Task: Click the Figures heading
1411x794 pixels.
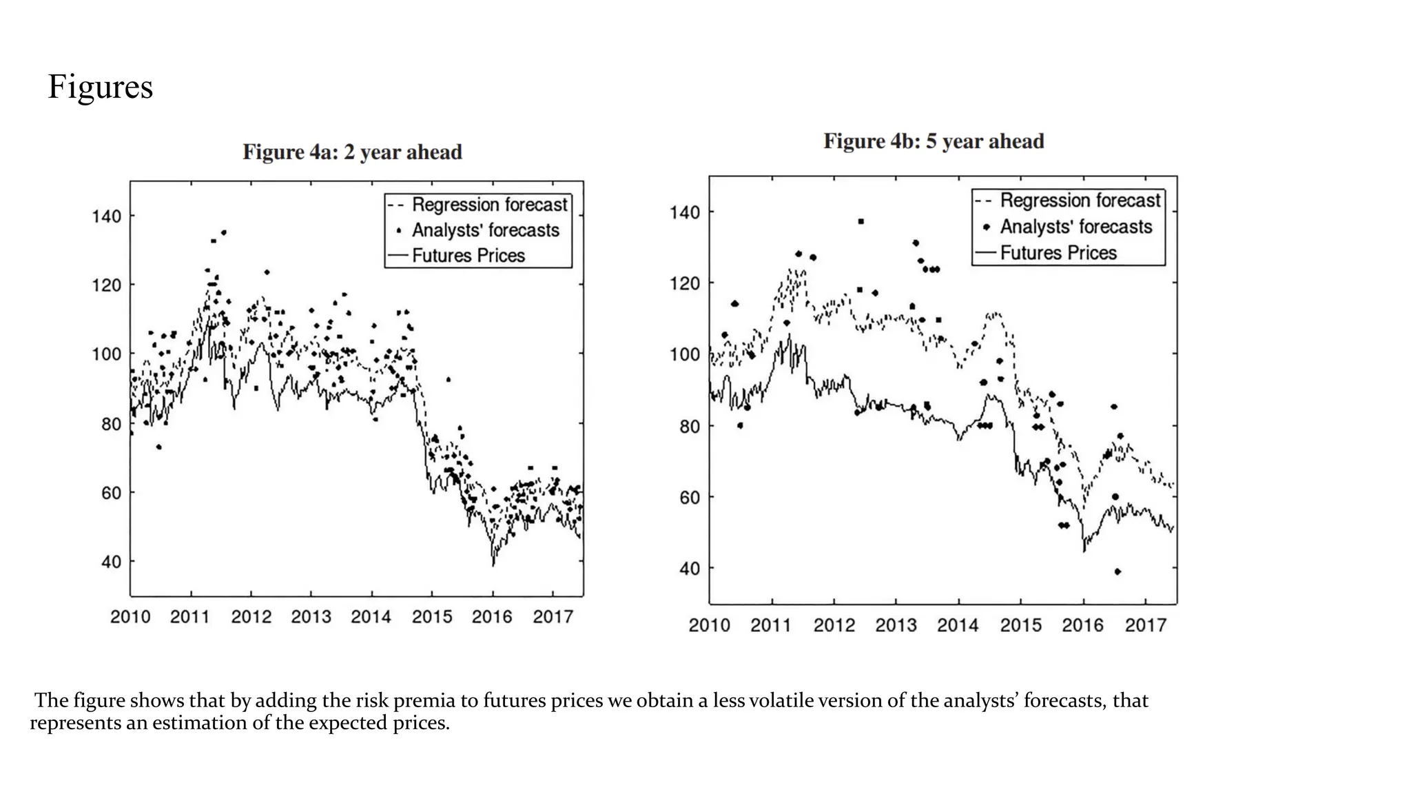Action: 100,88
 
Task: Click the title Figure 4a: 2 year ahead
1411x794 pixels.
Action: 352,152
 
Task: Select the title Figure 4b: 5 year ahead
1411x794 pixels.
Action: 934,141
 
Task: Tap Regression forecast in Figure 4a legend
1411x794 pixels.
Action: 489,205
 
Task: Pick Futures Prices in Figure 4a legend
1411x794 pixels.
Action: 468,256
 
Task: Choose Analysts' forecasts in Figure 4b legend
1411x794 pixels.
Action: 1075,227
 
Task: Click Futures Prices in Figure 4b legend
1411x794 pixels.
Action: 1058,253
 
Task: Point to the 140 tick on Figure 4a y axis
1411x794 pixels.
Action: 106,216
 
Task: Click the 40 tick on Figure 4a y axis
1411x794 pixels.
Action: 111,562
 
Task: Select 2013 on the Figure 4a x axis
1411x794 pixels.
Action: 311,617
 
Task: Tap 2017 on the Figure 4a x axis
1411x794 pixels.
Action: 553,617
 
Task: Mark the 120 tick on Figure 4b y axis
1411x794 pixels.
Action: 685,283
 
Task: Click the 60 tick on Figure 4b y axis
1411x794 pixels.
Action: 690,497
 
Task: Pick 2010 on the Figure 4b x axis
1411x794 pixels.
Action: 709,625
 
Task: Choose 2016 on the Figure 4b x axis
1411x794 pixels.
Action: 1082,625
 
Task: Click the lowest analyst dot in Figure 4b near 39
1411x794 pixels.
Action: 1117,571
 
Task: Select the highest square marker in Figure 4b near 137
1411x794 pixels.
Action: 861,221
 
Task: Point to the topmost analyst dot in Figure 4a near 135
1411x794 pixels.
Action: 223,232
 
